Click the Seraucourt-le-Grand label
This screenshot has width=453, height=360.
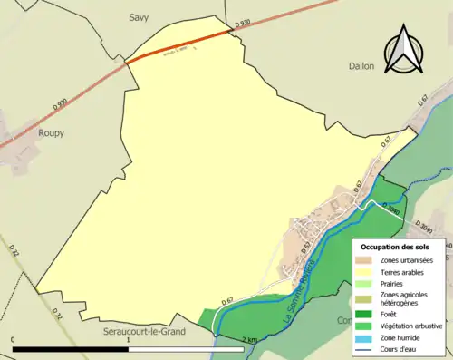(144, 332)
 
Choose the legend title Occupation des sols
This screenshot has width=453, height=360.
(395, 246)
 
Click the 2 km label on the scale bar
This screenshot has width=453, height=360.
(249, 339)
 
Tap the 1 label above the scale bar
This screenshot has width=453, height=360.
(129, 339)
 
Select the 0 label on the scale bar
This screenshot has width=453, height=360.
(14, 339)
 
